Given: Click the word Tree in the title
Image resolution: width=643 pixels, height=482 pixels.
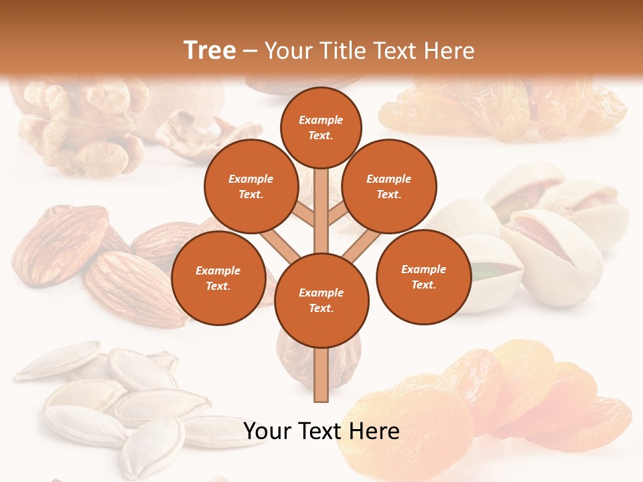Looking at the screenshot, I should [210, 51].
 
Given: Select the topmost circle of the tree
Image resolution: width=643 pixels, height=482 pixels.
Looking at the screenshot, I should [321, 127].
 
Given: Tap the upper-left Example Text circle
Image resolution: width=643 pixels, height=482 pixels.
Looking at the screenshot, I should [251, 187].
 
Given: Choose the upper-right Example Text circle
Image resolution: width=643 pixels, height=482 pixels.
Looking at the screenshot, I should [388, 187].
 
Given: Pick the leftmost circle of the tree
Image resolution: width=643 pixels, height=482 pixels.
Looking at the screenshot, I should [218, 278].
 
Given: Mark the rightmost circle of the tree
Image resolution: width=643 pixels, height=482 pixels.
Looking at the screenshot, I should [423, 277].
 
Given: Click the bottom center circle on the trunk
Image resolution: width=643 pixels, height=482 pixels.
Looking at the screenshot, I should [321, 300].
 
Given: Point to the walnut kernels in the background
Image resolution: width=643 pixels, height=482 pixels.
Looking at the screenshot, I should [80, 127].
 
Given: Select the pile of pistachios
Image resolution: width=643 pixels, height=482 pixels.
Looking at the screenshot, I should [549, 241].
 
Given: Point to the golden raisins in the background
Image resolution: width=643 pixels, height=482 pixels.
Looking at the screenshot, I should [496, 107].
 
